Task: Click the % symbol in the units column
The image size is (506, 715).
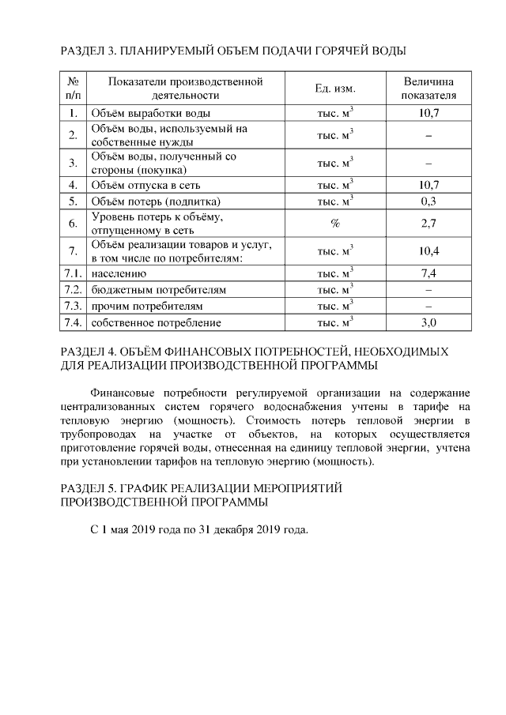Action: click(335, 224)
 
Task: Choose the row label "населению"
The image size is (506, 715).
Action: click(119, 273)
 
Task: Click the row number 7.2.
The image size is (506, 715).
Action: click(73, 290)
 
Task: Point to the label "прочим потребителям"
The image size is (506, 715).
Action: click(147, 306)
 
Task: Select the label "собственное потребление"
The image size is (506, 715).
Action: click(156, 322)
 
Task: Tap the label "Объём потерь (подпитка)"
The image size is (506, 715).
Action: click(155, 201)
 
